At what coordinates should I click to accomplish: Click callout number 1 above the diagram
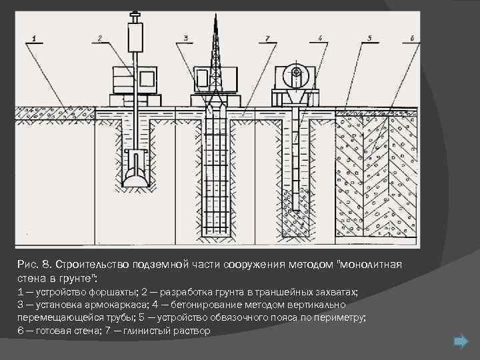click(35, 37)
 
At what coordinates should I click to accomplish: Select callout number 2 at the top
click(99, 37)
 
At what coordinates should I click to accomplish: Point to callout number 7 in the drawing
click(267, 37)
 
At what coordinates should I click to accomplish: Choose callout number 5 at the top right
click(370, 37)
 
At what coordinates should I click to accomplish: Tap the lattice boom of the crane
click(215, 47)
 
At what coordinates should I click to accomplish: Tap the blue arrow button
click(460, 342)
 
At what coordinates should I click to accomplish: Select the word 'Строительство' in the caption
click(90, 265)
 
